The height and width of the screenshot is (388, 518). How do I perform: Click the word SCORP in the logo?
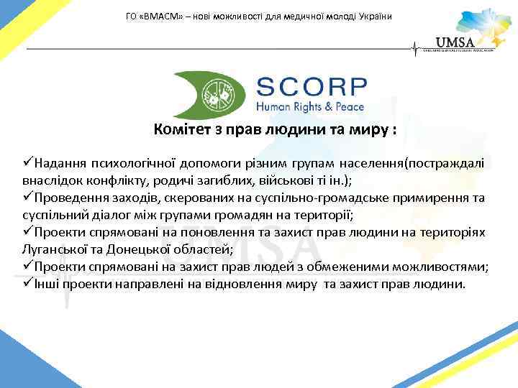coord(312,88)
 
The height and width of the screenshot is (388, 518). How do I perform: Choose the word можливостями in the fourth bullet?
coord(433,267)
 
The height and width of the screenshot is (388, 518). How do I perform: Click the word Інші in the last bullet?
coord(47,284)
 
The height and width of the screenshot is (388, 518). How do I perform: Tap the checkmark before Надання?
coord(27,163)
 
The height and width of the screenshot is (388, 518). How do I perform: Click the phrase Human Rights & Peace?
coord(310,107)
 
